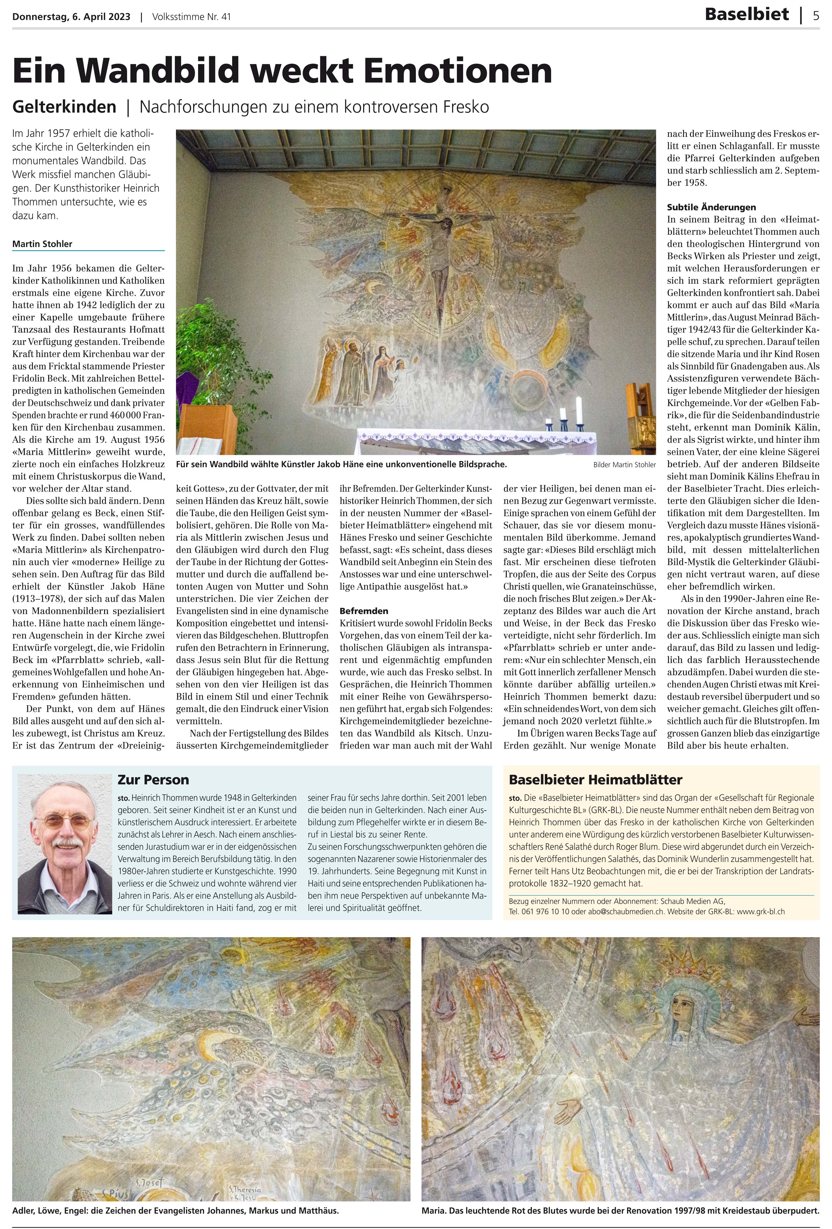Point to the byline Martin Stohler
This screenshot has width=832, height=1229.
tap(42, 244)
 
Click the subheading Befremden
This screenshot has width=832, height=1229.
tap(364, 611)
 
